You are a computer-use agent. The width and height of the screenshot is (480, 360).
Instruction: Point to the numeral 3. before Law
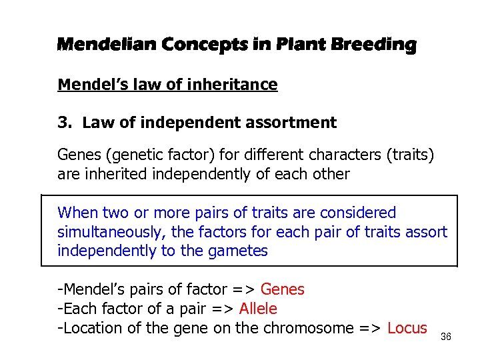coord(65,123)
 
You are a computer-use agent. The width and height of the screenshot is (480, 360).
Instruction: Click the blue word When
coord(77,213)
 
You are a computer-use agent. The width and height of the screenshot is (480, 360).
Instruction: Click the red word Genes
coord(282,290)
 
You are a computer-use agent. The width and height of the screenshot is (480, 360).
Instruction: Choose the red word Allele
coord(258,309)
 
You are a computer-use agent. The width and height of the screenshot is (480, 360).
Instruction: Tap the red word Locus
coord(407,329)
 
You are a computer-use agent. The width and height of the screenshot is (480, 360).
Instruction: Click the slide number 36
coord(446,337)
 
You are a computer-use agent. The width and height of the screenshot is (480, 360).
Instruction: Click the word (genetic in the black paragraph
coord(133,156)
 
